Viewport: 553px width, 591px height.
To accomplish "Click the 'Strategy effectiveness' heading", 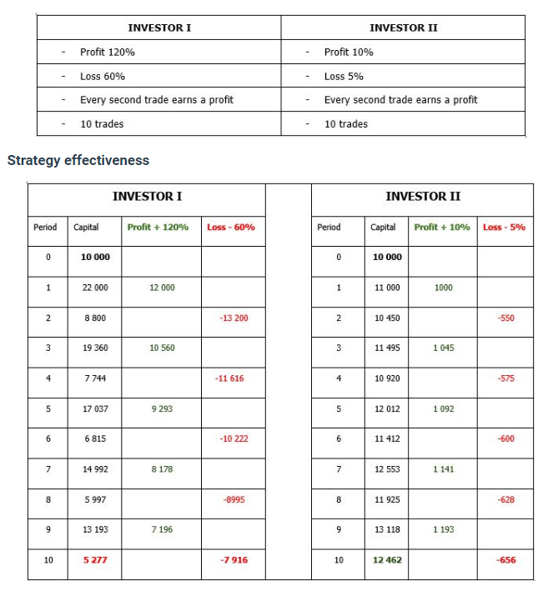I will (78, 160).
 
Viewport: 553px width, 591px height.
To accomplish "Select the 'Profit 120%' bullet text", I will (108, 52).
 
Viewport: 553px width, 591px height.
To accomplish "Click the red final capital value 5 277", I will (95, 560).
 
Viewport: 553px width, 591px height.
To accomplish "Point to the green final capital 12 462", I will (387, 560).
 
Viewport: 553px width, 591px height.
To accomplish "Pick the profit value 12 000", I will (162, 288).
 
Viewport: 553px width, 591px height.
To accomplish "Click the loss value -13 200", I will (234, 318).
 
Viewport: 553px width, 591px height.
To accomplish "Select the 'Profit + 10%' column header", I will (442, 227).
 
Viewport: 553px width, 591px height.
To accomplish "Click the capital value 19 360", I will (95, 348).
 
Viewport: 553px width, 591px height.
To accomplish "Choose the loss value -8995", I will (234, 499).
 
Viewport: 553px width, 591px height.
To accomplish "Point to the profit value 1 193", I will (444, 529).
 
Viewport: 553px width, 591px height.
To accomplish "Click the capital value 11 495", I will (387, 348).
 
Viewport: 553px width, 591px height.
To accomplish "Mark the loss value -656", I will (505, 560).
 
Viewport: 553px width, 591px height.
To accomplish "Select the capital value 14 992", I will (95, 469).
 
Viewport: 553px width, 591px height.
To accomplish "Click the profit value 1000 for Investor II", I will (444, 288).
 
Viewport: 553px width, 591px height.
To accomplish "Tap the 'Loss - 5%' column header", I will (505, 227).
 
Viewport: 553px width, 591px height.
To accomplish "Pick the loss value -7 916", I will (234, 560).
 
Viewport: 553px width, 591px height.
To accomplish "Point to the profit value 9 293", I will (162, 408).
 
